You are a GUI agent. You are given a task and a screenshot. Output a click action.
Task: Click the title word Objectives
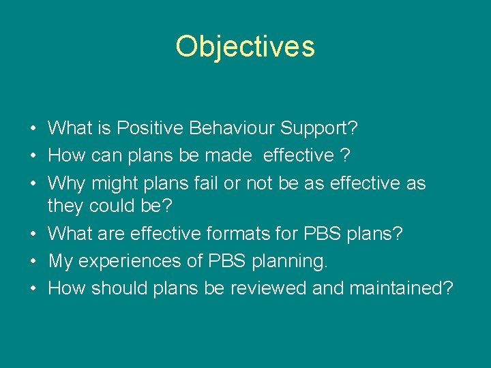tap(245, 47)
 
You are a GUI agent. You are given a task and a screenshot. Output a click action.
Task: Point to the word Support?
tap(320, 127)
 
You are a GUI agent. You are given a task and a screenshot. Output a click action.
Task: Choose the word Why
tap(67, 183)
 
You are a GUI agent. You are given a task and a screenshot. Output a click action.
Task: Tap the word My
tap(60, 261)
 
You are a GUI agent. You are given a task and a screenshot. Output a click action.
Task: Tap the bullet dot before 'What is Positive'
tap(33, 128)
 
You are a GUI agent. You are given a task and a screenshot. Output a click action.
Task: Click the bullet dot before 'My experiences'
tap(33, 262)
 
